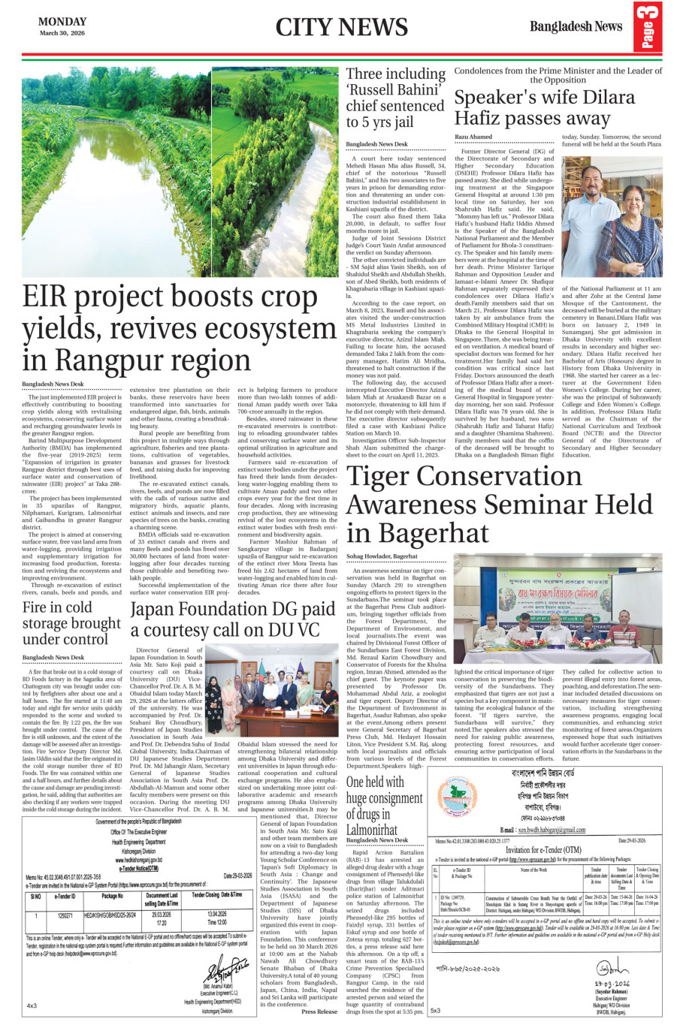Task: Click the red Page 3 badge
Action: tap(647, 28)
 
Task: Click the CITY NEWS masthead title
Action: tap(341, 28)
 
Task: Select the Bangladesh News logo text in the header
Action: tap(576, 26)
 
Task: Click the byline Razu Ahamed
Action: tap(473, 137)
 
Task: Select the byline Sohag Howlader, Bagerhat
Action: tap(382, 556)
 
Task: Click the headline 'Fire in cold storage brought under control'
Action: tap(71, 623)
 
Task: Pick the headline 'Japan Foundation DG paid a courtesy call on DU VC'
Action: tap(232, 619)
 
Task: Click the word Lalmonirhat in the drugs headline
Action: tap(372, 830)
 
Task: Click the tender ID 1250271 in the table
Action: tap(65, 916)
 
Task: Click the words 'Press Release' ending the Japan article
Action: tap(319, 1011)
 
